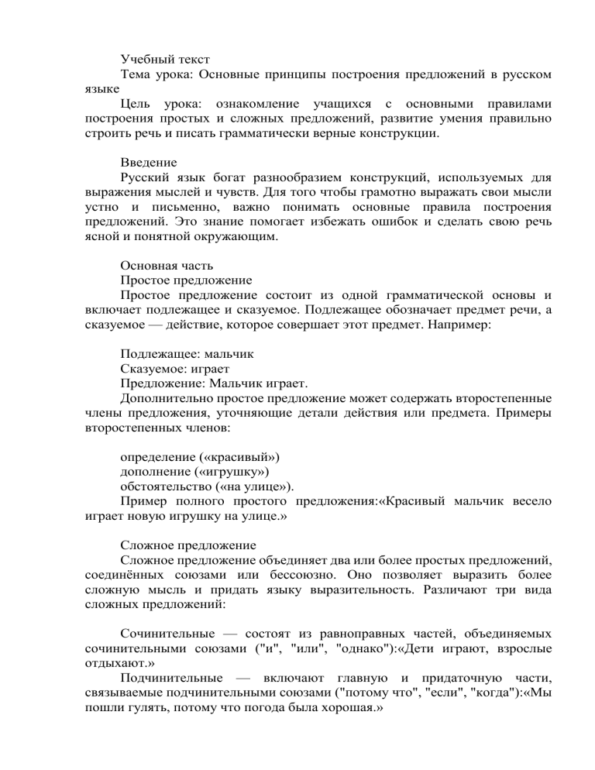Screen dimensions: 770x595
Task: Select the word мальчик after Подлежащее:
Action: (x=230, y=353)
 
